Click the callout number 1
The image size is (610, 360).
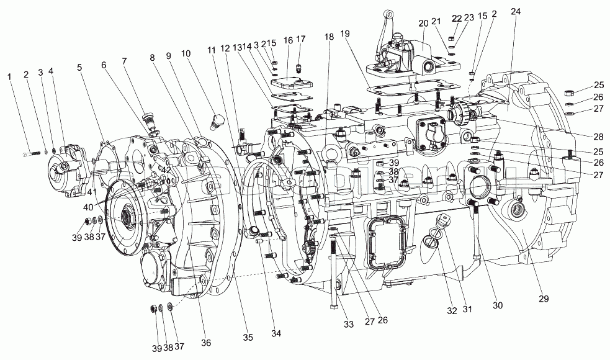pyautogui.click(x=9, y=76)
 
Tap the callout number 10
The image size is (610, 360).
pyautogui.click(x=186, y=54)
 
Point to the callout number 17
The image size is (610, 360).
pyautogui.click(x=301, y=39)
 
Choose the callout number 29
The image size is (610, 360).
pyautogui.click(x=544, y=299)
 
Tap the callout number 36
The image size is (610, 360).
pyautogui.click(x=205, y=343)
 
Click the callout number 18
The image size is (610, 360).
pyautogui.click(x=329, y=37)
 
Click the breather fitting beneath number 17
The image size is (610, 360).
pyautogui.click(x=300, y=64)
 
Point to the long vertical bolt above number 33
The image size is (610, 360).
pyautogui.click(x=335, y=273)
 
